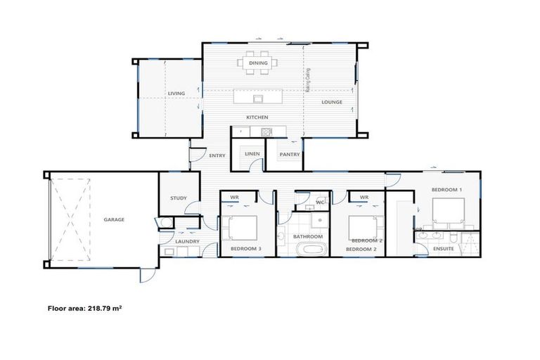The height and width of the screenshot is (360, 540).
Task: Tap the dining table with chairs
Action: (257, 63)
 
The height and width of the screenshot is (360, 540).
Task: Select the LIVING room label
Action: (176, 94)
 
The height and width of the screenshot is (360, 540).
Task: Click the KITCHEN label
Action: (257, 117)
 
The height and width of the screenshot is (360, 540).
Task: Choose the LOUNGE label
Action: (332, 102)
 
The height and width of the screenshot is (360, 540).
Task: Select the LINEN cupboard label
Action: (252, 154)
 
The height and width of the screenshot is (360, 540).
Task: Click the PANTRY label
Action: (290, 154)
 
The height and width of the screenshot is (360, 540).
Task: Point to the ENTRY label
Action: (217, 155)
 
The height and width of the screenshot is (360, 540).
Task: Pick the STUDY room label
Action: (179, 198)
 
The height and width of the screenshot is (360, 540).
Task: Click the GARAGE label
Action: (114, 219)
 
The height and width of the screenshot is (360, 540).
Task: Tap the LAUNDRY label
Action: (188, 242)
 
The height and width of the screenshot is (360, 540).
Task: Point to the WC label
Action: (319, 202)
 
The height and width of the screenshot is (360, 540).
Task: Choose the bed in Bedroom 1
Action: (447, 210)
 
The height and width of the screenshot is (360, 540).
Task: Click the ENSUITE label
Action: (443, 249)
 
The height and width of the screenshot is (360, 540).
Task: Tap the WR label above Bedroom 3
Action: (234, 198)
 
